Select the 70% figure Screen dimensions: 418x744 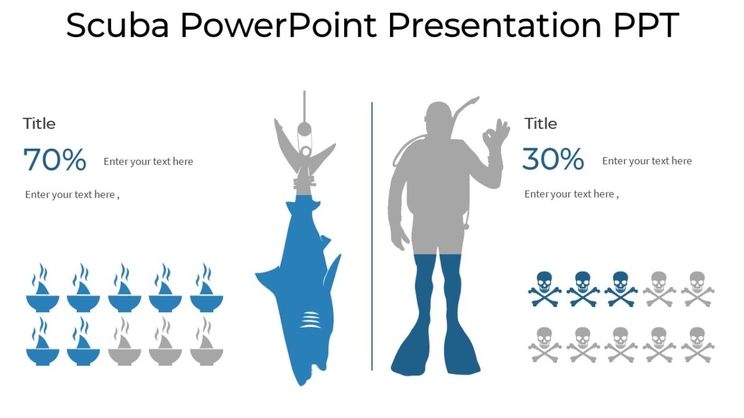click(x=55, y=160)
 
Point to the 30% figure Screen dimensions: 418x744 click(x=553, y=160)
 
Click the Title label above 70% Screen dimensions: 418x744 click(x=39, y=124)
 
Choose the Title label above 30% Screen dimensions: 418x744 click(x=541, y=124)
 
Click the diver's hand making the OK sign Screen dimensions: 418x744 click(x=496, y=133)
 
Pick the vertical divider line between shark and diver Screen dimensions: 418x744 click(x=372, y=235)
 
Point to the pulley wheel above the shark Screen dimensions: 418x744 click(x=304, y=129)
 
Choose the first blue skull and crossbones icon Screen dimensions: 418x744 click(x=544, y=288)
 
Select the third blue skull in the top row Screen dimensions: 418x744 click(x=621, y=288)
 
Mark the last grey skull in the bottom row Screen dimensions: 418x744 click(x=697, y=344)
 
